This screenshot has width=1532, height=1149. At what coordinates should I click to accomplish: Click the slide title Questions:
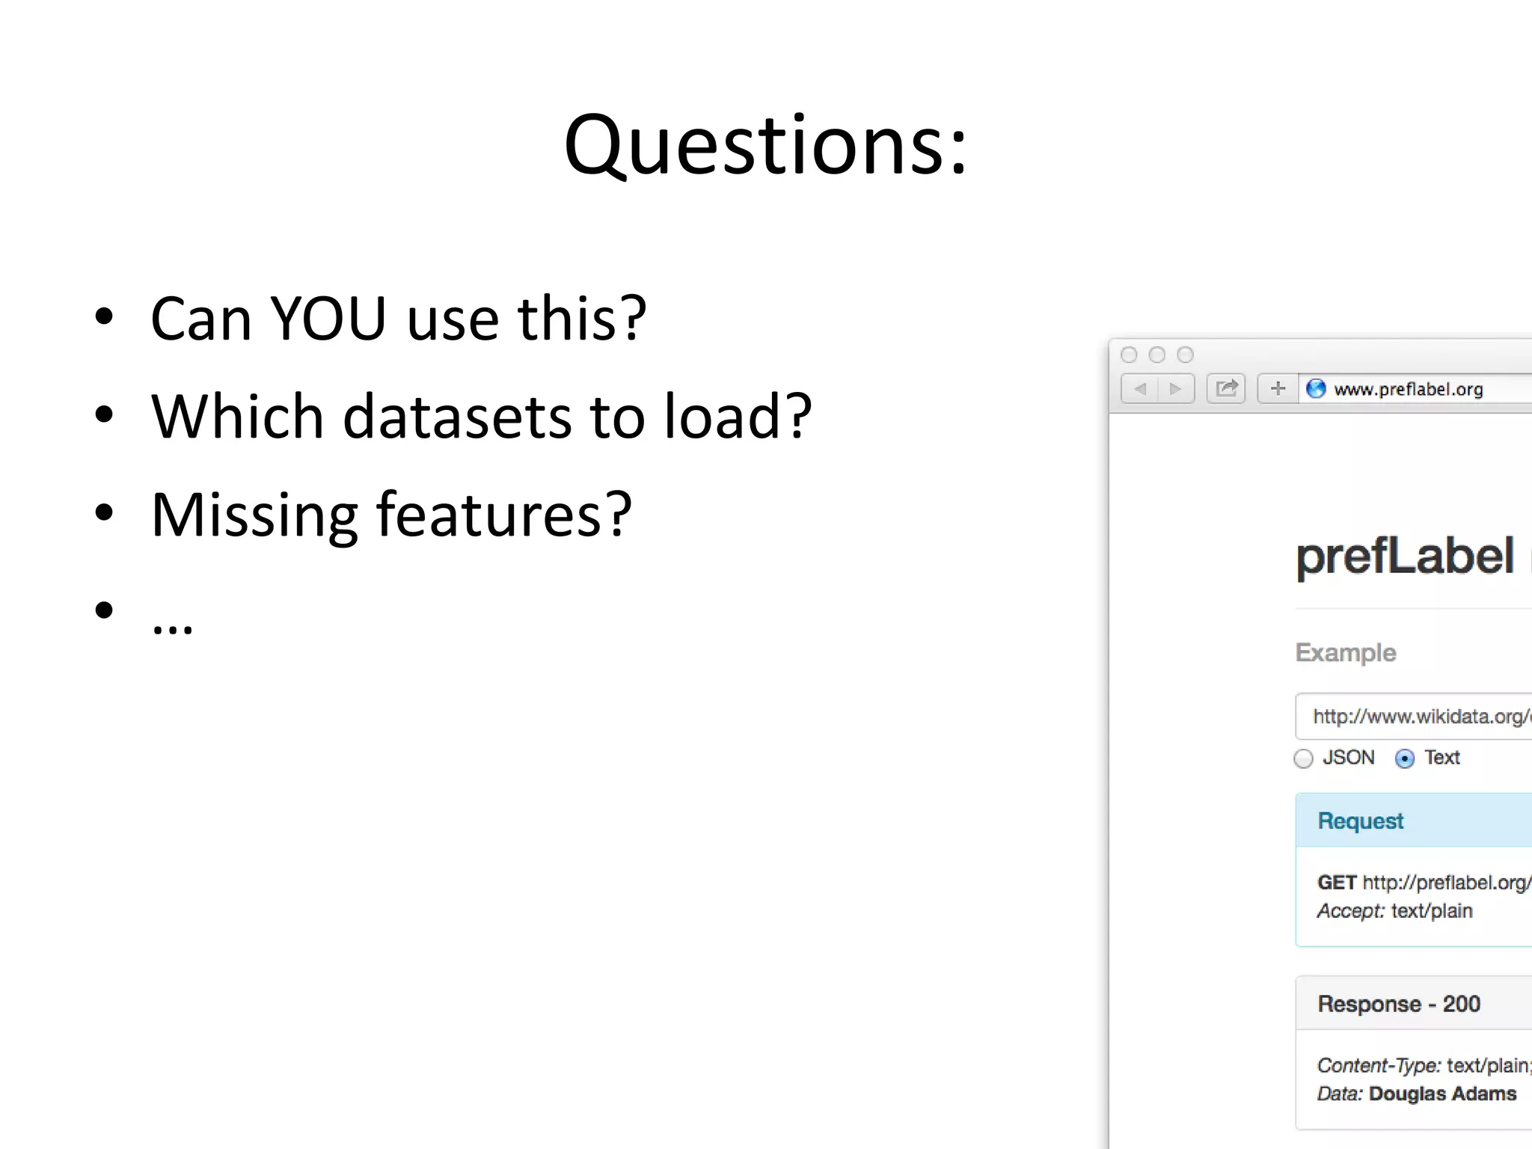point(765,146)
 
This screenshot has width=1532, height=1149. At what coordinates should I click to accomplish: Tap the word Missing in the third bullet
point(254,516)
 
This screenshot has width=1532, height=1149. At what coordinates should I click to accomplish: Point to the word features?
point(504,515)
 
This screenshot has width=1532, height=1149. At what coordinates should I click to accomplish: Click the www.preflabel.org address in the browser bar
point(1408,389)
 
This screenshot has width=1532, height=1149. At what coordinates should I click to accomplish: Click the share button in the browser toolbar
point(1226,388)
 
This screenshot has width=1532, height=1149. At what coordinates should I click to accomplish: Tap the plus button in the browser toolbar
point(1278,388)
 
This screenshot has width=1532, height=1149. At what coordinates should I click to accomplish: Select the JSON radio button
point(1303,759)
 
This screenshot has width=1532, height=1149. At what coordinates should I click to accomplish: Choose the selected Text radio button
point(1405,759)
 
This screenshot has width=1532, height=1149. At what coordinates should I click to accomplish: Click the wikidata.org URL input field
point(1418,717)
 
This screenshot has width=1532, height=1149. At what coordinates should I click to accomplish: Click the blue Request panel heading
point(1360,821)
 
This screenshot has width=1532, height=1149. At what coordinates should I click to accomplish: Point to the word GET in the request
point(1337,883)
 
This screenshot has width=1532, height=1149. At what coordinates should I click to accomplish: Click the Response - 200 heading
point(1398,1004)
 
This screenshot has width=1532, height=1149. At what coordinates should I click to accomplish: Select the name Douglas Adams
point(1442,1094)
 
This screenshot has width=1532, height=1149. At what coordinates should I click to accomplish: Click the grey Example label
point(1345,652)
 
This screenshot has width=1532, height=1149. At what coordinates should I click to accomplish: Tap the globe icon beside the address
point(1316,388)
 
